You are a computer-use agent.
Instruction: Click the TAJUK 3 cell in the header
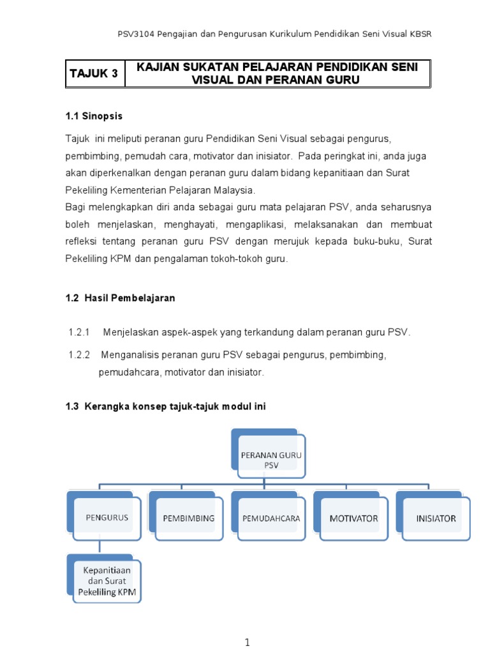point(94,73)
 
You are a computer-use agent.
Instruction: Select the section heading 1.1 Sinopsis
point(94,116)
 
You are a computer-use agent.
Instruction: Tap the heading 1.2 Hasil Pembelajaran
point(120,298)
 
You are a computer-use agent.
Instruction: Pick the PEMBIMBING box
point(189,518)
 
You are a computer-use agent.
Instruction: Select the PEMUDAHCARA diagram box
point(271,518)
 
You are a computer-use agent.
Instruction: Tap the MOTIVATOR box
point(353,518)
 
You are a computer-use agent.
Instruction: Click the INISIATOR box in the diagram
point(436,518)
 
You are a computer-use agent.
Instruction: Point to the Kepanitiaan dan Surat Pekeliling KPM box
point(107,581)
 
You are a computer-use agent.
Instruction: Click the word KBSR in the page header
point(419,34)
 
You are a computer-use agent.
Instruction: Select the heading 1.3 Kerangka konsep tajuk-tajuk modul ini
point(166,407)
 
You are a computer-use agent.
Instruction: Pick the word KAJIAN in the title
point(156,67)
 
